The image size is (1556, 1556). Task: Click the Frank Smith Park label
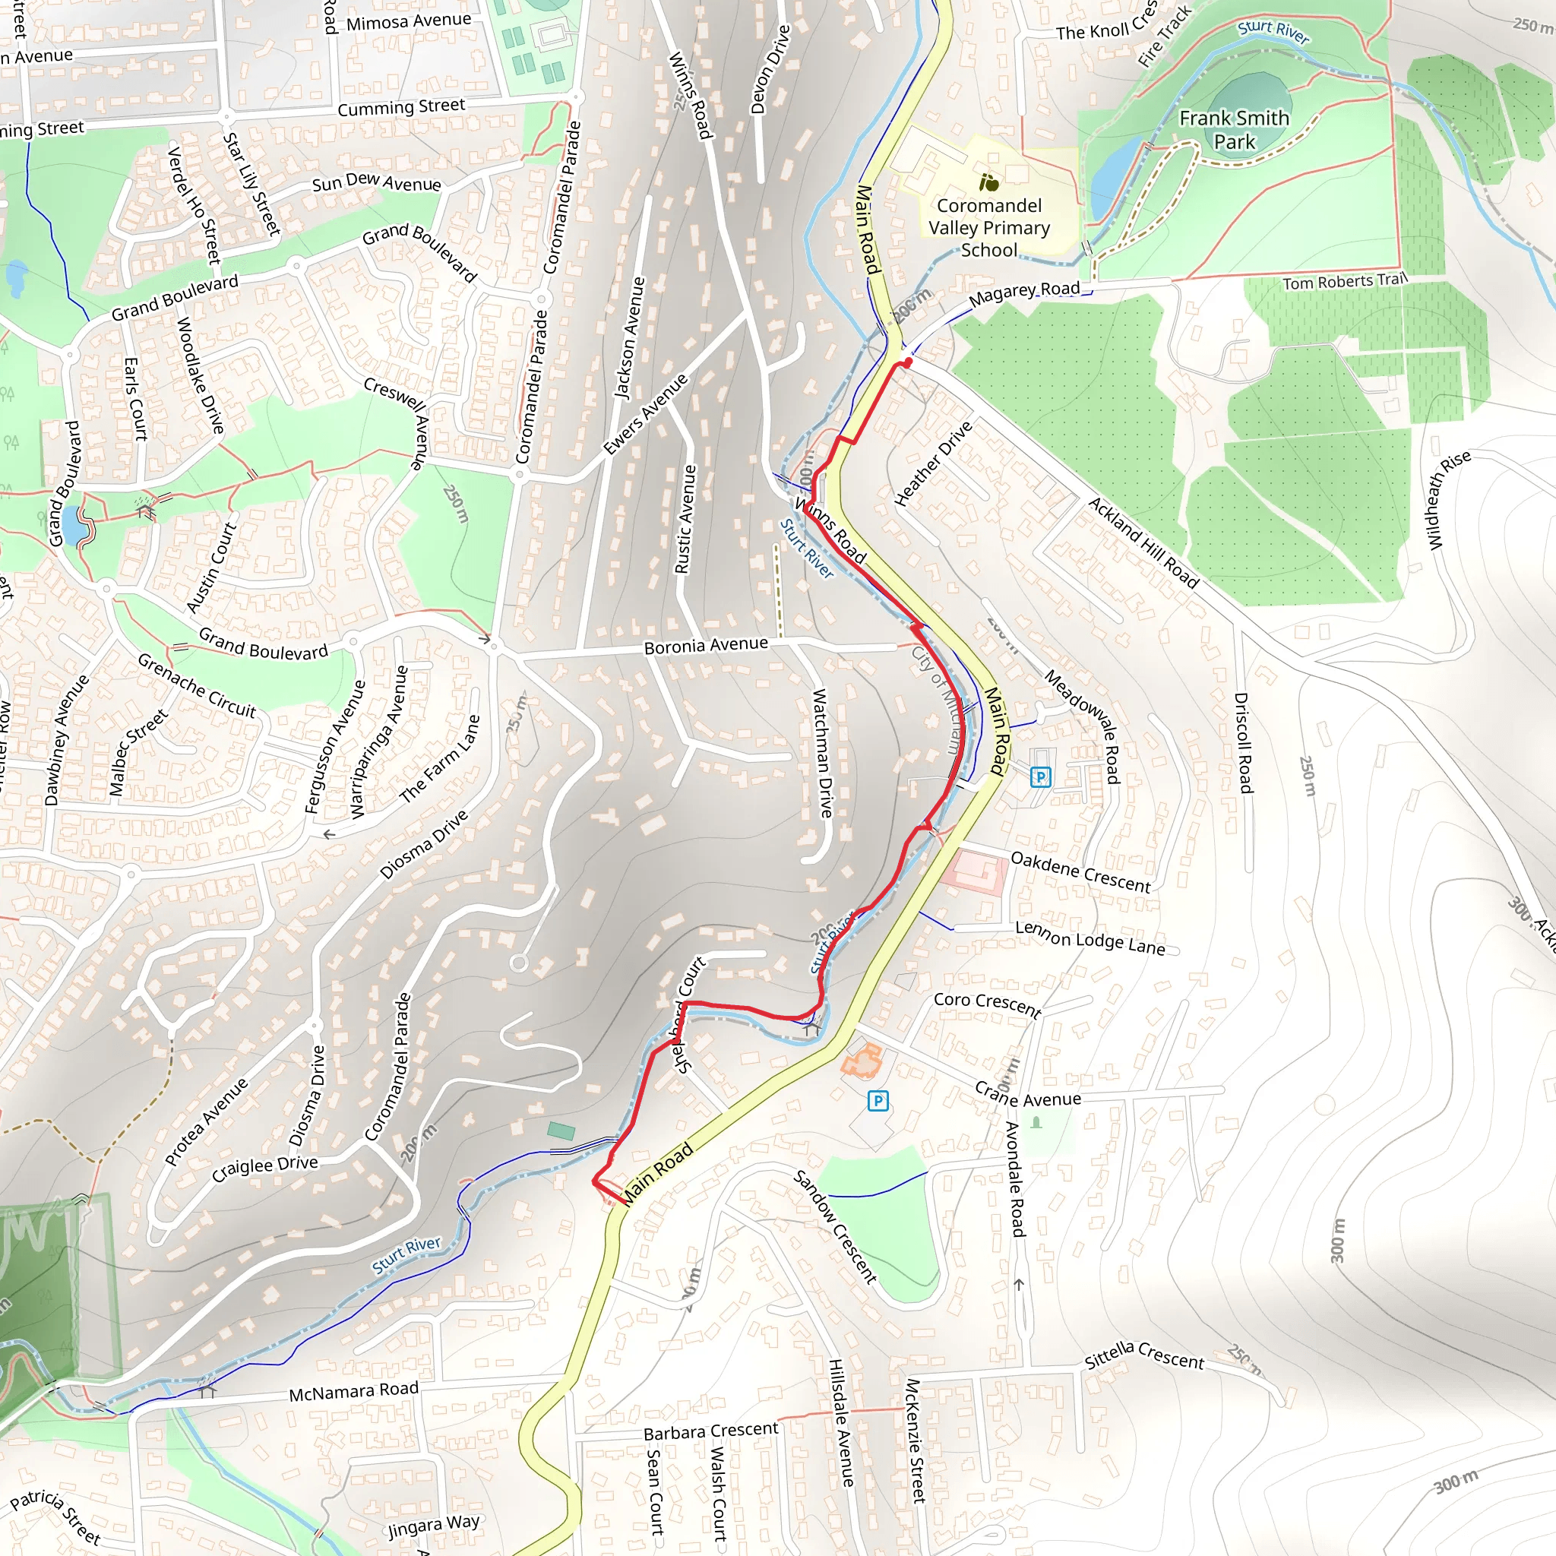(1234, 130)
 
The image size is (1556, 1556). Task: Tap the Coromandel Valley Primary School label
(989, 228)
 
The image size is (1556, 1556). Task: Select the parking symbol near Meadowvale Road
(1041, 777)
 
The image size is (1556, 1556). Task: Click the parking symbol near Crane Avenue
(878, 1100)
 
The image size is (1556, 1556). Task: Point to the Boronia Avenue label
(706, 645)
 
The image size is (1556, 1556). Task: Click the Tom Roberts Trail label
(1344, 281)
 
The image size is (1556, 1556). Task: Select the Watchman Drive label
(821, 752)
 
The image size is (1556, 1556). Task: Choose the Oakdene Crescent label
(1080, 872)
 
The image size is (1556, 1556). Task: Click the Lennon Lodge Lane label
(1090, 938)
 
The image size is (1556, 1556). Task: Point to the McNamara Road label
(353, 1391)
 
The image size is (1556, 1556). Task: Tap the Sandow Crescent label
(835, 1226)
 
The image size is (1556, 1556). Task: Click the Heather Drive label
(934, 464)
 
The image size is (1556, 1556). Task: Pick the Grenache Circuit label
(197, 685)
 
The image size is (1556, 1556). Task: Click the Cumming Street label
(401, 107)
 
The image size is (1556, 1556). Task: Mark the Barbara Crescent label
(711, 1431)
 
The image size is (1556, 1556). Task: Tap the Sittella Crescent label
(1144, 1355)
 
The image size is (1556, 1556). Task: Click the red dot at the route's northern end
(908, 363)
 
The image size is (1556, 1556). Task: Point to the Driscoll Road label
(1244, 742)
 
